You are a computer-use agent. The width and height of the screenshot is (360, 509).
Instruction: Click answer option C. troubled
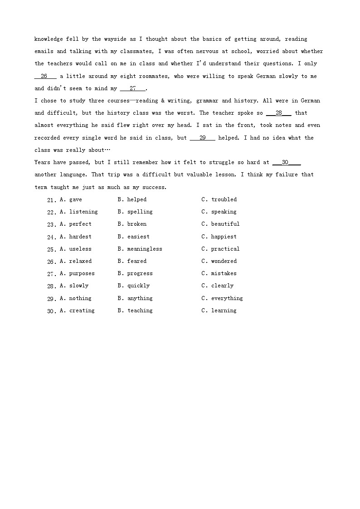coord(219,199)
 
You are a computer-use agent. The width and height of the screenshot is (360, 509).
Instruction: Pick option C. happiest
coord(219,237)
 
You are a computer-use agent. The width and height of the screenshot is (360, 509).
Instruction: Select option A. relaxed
coord(76,261)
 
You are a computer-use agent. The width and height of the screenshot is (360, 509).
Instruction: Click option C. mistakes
coord(219,273)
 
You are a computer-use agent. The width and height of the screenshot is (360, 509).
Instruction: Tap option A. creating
coord(78,310)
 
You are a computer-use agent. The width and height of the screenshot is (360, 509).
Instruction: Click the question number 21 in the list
coord(51,200)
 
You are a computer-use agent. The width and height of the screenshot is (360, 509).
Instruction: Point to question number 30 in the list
coord(51,311)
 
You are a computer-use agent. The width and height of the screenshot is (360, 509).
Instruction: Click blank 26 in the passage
coord(44,76)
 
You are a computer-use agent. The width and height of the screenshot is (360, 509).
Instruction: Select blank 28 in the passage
coord(279,113)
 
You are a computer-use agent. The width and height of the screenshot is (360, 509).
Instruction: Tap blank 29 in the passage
coord(203,138)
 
